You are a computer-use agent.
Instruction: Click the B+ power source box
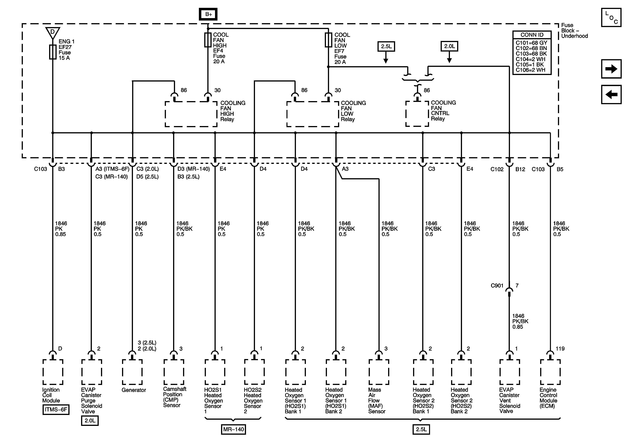pos(208,14)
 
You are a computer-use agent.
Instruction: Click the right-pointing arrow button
pos(611,69)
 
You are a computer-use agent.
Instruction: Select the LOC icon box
pos(611,17)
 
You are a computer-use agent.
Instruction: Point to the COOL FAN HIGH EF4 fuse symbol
pos(208,40)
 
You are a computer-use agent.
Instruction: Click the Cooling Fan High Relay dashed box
pos(191,114)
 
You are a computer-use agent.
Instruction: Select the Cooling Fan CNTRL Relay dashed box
pos(417,114)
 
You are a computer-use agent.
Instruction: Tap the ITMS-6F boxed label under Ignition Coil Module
pos(56,409)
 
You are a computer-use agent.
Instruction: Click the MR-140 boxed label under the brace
pos(233,429)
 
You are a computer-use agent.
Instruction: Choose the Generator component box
pos(132,372)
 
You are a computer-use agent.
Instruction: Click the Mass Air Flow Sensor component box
pos(379,372)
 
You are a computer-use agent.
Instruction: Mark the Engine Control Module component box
pos(550,372)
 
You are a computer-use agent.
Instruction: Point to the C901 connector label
pos(497,286)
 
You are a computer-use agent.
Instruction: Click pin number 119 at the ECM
pos(560,349)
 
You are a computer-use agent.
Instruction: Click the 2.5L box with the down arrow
pos(386,46)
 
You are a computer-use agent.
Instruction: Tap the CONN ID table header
pos(532,35)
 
